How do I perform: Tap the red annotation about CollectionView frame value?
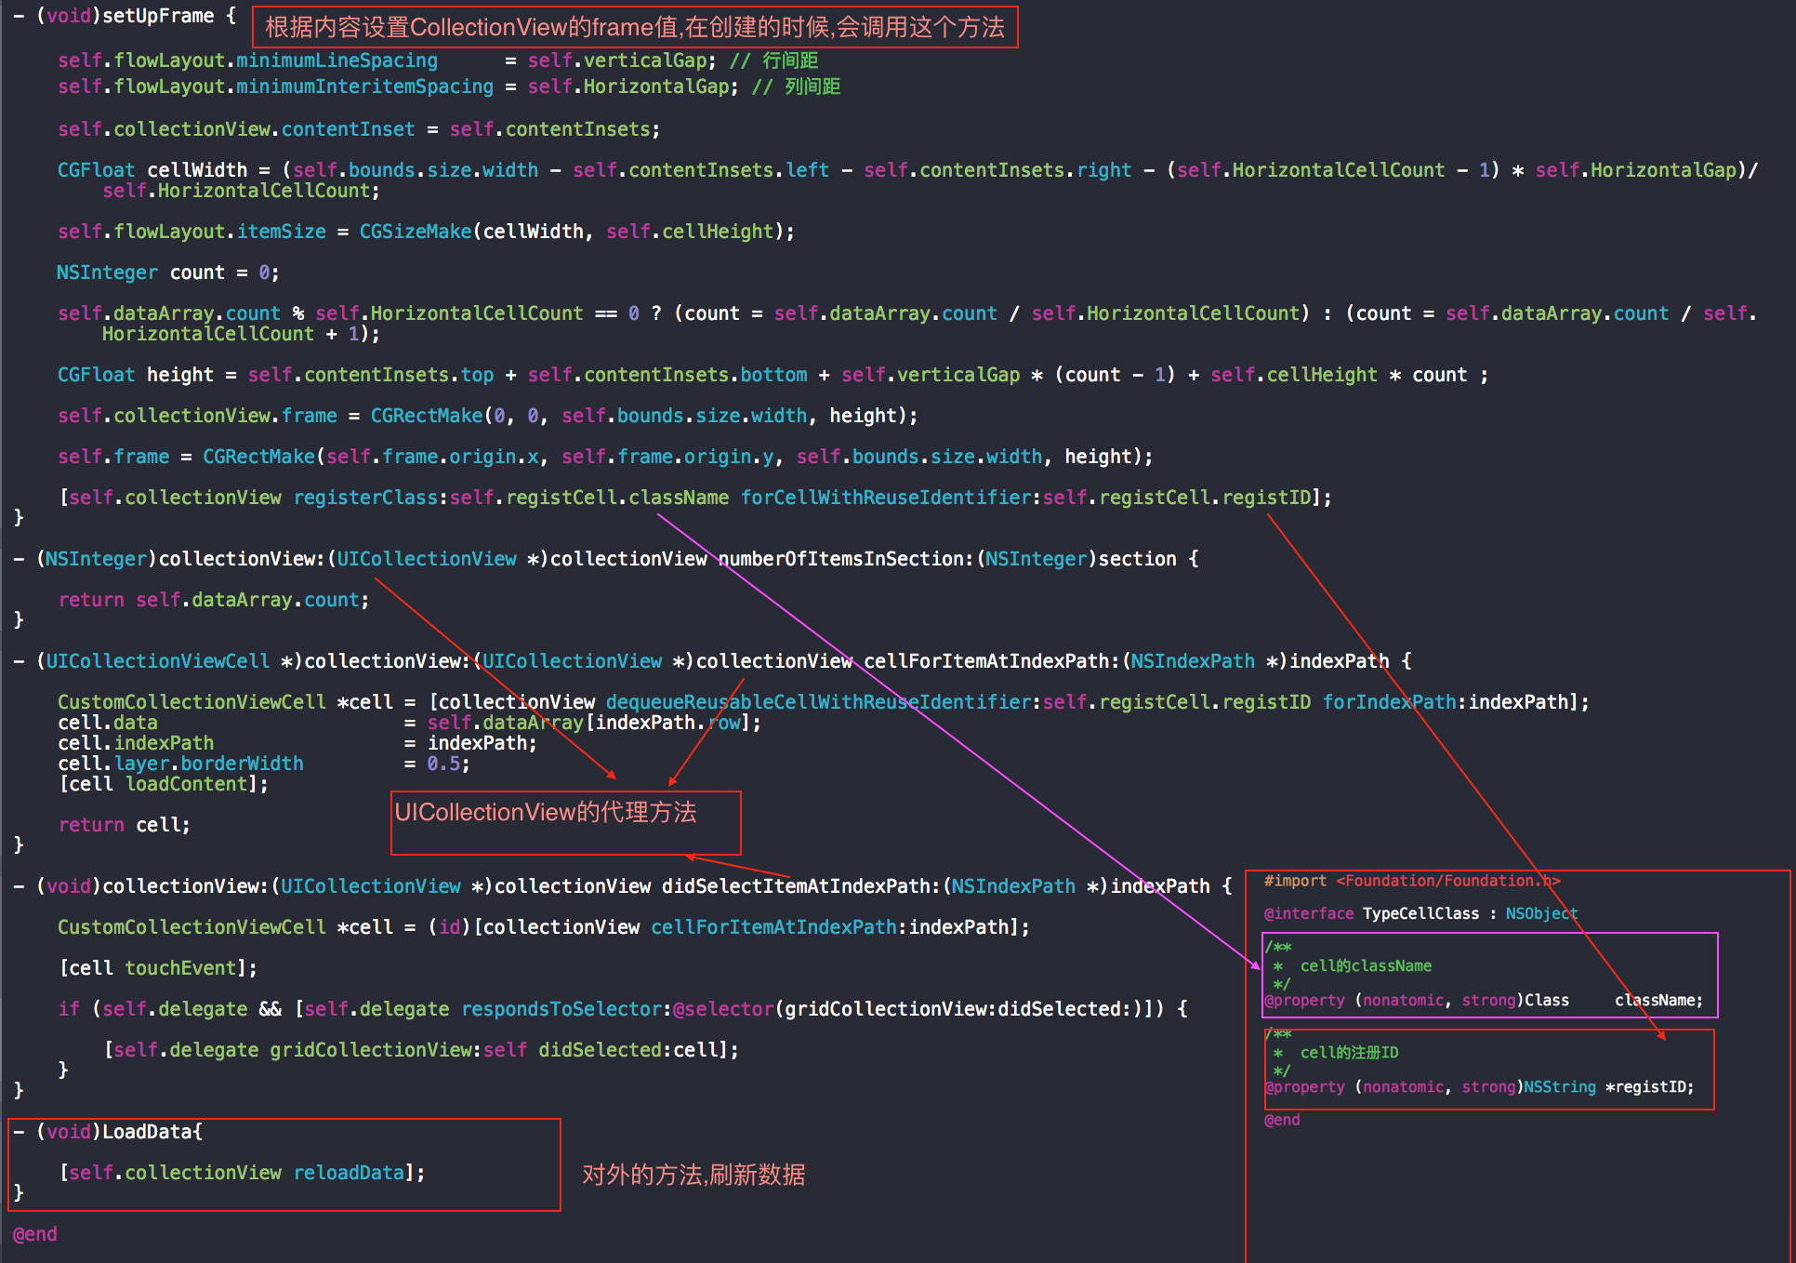635,27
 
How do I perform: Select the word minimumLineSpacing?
337,60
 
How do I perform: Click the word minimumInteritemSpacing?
364,86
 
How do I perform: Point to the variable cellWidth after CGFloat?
197,170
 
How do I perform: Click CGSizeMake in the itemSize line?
416,232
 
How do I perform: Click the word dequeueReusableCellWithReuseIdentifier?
823,702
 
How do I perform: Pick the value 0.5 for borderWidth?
444,764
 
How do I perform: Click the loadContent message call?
186,784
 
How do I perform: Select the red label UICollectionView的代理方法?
546,812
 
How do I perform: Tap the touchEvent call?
180,968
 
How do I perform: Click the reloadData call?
349,1173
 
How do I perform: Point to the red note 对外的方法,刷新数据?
693,1175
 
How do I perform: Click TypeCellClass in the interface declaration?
1420,913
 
